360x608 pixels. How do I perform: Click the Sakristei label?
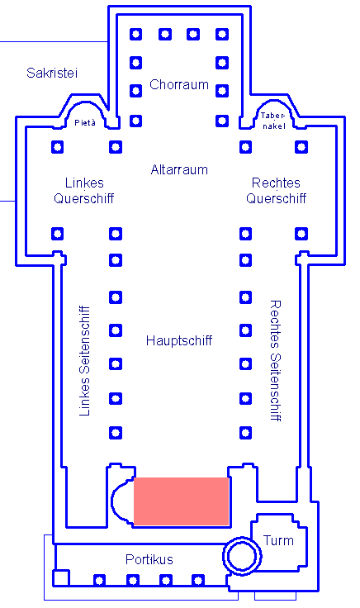pyautogui.click(x=52, y=73)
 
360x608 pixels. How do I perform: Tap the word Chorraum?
pyautogui.click(x=179, y=84)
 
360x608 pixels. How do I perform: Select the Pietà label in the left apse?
pyautogui.click(x=85, y=122)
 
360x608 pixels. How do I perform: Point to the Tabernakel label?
pyautogui.click(x=273, y=121)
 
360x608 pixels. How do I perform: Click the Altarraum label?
pyautogui.click(x=179, y=169)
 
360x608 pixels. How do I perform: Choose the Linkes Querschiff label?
pyautogui.click(x=84, y=190)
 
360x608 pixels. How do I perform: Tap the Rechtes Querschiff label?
pyautogui.click(x=277, y=190)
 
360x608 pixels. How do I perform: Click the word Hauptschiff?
pyautogui.click(x=179, y=341)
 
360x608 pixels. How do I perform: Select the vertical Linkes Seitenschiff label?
pyautogui.click(x=84, y=361)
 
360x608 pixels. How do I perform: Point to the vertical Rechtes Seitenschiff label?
pyautogui.click(x=275, y=360)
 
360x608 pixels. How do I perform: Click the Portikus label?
pyautogui.click(x=149, y=559)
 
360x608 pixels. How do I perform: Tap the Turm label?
pyautogui.click(x=278, y=540)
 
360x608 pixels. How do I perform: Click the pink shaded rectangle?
pyautogui.click(x=182, y=501)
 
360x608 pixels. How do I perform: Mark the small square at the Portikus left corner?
pyautogui.click(x=61, y=577)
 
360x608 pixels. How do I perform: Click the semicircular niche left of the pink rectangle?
pyautogui.click(x=112, y=501)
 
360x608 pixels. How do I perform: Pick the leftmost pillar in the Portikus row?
pyautogui.click(x=99, y=580)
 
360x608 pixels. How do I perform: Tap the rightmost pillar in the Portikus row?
pyautogui.click(x=198, y=580)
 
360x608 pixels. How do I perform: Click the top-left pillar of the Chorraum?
pyautogui.click(x=135, y=34)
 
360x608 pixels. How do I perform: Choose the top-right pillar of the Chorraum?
pyautogui.click(x=222, y=34)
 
